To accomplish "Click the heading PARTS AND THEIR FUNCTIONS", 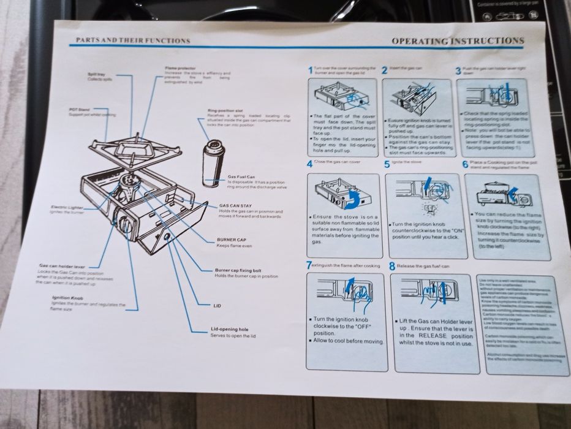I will pos(132,41).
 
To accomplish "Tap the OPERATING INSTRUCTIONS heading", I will pos(458,41).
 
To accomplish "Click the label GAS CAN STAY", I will pos(235,206).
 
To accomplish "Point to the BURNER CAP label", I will pos(231,240).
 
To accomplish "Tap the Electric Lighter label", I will pos(66,207).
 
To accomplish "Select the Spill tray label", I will pos(97,74).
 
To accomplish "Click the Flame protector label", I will pos(180,67).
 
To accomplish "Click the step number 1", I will pos(310,71).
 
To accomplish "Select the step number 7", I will pos(308,266).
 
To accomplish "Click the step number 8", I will pos(391,267).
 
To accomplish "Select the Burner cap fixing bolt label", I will pos(238,270).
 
